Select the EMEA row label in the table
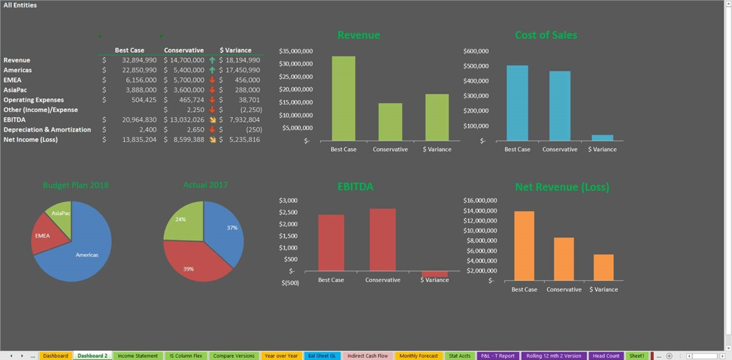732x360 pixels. tap(13, 80)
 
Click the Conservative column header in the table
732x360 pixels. tap(183, 50)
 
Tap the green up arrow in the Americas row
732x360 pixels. tap(212, 70)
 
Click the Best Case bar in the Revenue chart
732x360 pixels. tap(343, 98)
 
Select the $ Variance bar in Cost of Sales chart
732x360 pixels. tap(602, 138)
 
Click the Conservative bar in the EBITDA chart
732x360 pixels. tap(383, 240)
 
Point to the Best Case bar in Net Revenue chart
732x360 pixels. tap(524, 246)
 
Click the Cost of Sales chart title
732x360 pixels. tap(546, 35)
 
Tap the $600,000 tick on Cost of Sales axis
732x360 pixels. tap(475, 51)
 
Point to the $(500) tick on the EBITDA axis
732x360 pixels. tap(289, 283)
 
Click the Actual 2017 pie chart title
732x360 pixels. tap(205, 185)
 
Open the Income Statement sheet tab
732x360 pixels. tap(138, 355)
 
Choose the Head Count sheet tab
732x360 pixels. tap(606, 355)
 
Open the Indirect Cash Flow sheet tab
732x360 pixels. tap(368, 355)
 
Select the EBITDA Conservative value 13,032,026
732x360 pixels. tap(186, 119)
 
